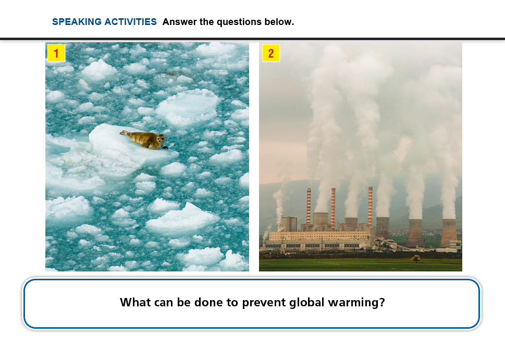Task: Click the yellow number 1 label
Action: (56, 53)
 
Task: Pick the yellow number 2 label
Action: (271, 53)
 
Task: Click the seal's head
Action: (161, 140)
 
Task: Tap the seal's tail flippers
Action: (124, 133)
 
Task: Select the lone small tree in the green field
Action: (415, 258)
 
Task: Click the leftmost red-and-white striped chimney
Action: (309, 206)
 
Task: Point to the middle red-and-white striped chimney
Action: (334, 206)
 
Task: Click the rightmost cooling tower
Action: (449, 233)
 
